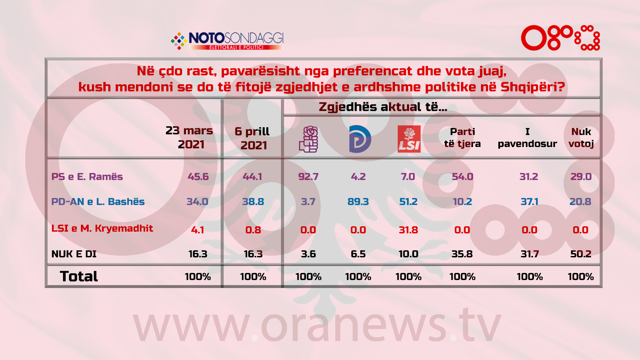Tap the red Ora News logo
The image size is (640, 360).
point(560,38)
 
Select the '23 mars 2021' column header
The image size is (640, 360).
point(189,137)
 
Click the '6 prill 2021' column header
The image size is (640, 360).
point(252,138)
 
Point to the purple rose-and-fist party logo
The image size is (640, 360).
point(309,139)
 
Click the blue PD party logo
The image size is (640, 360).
point(360,139)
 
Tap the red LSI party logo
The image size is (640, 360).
point(409,139)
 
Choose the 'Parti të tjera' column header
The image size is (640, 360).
point(462,138)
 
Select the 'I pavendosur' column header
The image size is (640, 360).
point(527,138)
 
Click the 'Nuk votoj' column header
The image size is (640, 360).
point(581,138)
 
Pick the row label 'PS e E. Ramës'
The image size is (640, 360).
point(87,177)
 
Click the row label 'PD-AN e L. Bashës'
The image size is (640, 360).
point(98,202)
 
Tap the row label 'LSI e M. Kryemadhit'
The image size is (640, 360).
point(102,228)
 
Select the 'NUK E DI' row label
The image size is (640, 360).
point(74,254)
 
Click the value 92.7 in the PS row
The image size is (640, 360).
point(308,177)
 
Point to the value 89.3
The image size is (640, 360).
point(358,202)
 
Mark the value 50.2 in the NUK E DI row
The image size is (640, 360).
point(581,254)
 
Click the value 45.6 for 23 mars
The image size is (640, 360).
point(198,177)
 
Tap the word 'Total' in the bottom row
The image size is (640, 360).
point(79,276)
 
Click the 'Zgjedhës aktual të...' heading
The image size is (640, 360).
point(383,107)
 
